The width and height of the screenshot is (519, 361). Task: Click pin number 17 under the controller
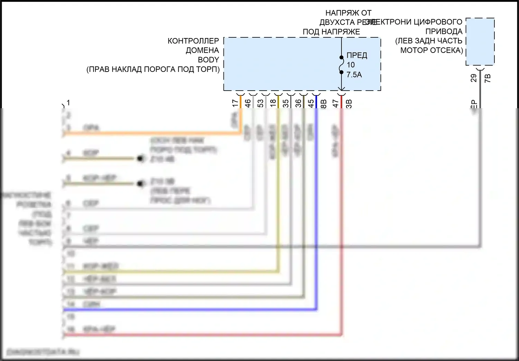[235, 103]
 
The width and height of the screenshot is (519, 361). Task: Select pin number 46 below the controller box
[248, 103]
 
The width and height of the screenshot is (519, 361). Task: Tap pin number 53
[261, 103]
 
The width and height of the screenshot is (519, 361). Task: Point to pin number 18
[273, 103]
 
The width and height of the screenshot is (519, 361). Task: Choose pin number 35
[285, 103]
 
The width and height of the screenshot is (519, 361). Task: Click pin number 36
[298, 103]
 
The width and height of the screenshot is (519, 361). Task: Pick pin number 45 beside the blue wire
[311, 103]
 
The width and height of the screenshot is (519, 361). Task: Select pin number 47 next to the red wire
[336, 103]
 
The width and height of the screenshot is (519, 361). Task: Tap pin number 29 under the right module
[474, 78]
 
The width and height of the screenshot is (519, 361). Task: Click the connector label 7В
[488, 78]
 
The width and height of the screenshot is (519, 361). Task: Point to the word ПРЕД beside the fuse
[357, 55]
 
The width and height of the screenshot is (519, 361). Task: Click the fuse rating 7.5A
[354, 75]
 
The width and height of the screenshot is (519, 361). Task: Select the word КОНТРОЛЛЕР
[193, 41]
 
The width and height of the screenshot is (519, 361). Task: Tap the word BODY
[208, 60]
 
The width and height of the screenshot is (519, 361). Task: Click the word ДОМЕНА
[202, 50]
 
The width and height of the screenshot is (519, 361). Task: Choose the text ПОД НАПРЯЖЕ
[331, 32]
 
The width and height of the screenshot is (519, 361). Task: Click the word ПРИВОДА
[444, 31]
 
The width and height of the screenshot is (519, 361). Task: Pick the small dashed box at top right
[480, 41]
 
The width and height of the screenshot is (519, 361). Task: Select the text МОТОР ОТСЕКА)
[431, 50]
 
